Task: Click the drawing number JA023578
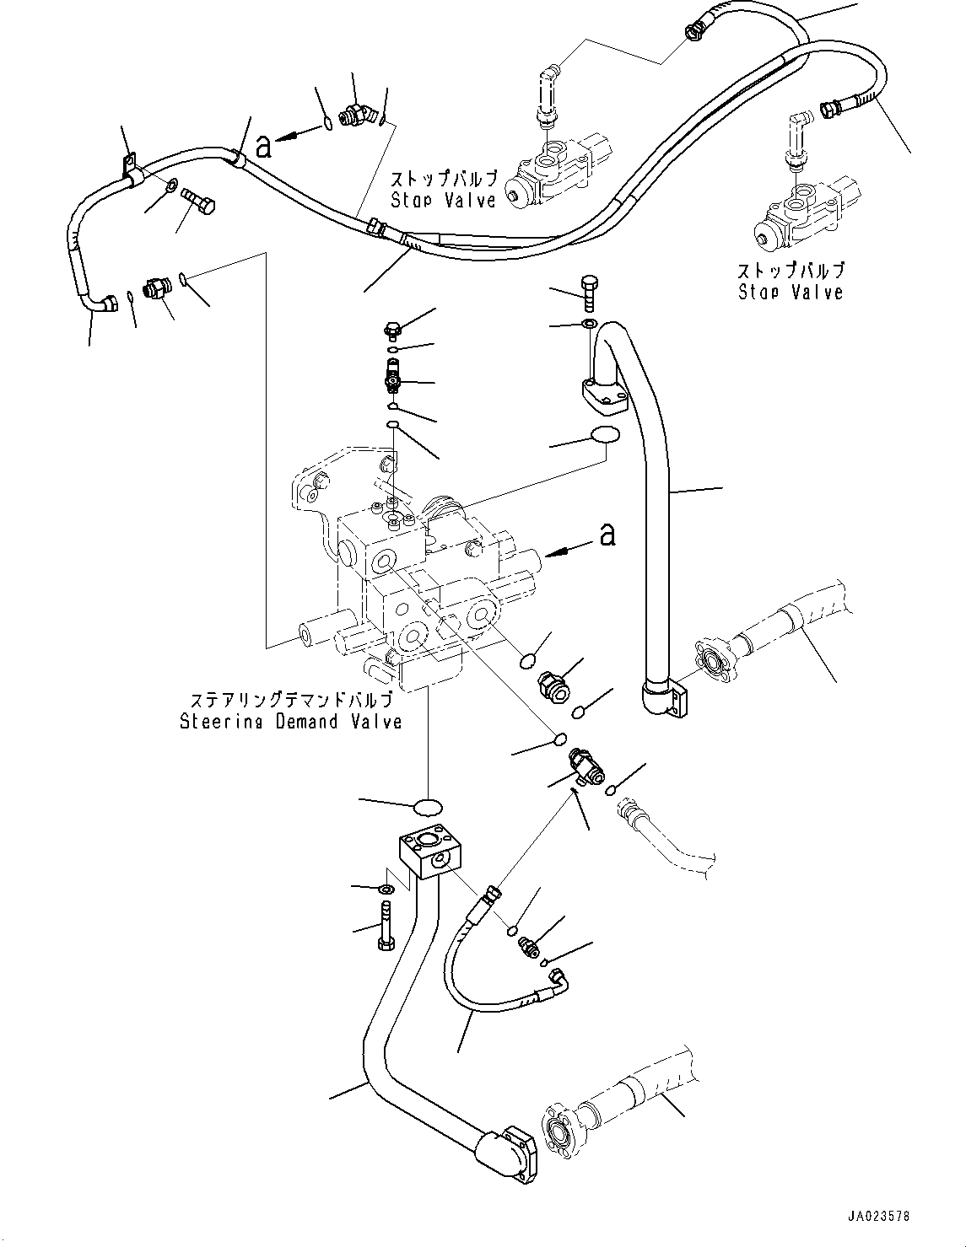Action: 880,1217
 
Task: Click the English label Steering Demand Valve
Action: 290,722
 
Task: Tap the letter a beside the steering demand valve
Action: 606,535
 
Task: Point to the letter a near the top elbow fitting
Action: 264,146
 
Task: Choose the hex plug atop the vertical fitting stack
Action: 391,330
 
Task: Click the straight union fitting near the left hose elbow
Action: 156,288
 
